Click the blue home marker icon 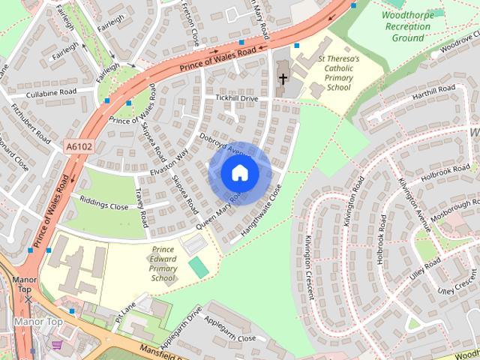point(240,173)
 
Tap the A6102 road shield point(78,147)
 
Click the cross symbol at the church point(283,78)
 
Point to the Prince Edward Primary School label point(163,263)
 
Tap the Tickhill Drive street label point(236,98)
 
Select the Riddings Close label point(104,205)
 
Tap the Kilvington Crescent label point(309,266)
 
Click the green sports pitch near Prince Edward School point(199,266)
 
